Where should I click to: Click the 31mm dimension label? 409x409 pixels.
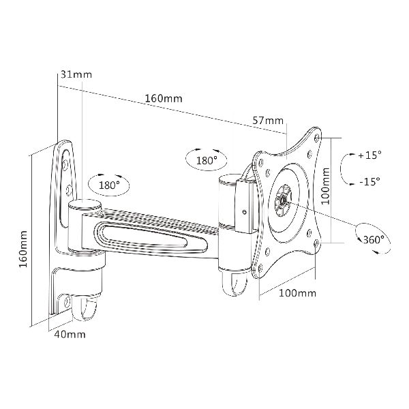pyautogui.click(x=76, y=74)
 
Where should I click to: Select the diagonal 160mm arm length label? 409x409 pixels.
pyautogui.click(x=164, y=99)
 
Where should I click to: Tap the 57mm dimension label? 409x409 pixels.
pyautogui.click(x=268, y=121)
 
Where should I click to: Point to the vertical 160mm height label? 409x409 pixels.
pyautogui.click(x=23, y=249)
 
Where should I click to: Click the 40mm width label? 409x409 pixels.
pyautogui.click(x=70, y=335)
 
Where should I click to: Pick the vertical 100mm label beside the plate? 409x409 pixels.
pyautogui.click(x=325, y=186)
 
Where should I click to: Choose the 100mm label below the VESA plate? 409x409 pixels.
pyautogui.click(x=298, y=293)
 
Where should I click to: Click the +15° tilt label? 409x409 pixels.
pyautogui.click(x=369, y=155)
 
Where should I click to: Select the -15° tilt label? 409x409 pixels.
pyautogui.click(x=369, y=181)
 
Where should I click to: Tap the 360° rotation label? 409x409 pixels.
pyautogui.click(x=374, y=239)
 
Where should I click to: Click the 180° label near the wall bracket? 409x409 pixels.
pyautogui.click(x=109, y=185)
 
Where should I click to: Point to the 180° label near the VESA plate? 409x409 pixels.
pyautogui.click(x=207, y=160)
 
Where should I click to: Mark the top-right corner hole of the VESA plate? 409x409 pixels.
pyautogui.click(x=317, y=138)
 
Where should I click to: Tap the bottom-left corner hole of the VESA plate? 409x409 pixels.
pyautogui.click(x=260, y=268)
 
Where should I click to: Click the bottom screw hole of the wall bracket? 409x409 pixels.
pyautogui.click(x=67, y=302)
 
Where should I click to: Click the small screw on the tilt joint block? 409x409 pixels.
pyautogui.click(x=245, y=212)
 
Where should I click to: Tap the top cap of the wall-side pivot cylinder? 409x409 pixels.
pyautogui.click(x=85, y=204)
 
